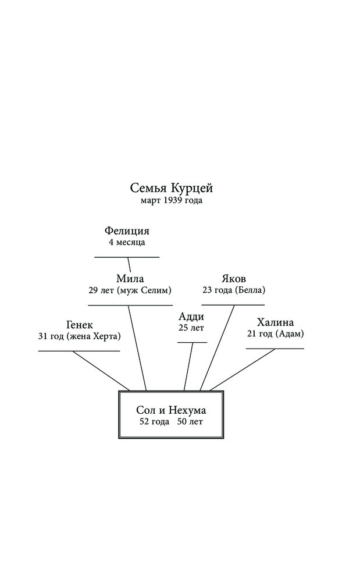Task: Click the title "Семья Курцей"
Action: tap(172, 188)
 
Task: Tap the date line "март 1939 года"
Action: tap(172, 201)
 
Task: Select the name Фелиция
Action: tap(127, 231)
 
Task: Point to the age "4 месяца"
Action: tap(127, 243)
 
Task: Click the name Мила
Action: tap(130, 278)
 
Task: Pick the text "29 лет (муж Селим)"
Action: tap(130, 290)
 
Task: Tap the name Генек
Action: tap(80, 325)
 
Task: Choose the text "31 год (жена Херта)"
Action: tap(80, 336)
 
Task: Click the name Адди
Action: tap(191, 317)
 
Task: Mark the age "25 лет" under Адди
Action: tap(191, 328)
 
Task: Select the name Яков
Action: tap(234, 278)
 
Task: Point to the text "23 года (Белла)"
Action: tap(234, 290)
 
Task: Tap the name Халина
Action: tap(275, 322)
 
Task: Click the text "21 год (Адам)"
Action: tap(275, 333)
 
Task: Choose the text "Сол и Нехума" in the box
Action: tap(171, 410)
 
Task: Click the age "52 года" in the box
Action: tap(154, 422)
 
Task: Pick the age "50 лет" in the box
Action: tap(190, 422)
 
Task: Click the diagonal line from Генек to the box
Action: tap(101, 371)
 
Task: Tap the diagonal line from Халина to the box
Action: tap(242, 370)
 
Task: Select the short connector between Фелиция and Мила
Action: tap(129, 264)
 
